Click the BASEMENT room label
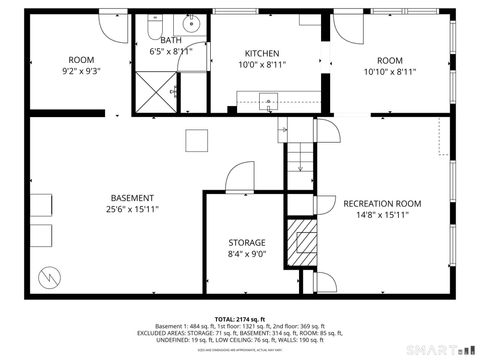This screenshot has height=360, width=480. pos(133,197)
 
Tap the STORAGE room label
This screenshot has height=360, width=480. pos(246,243)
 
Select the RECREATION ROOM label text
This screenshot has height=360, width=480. pos(382,204)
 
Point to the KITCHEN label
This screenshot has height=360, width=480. pos(262,53)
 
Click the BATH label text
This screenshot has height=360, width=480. pos(171,40)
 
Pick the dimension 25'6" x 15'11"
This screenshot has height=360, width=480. pos(133,210)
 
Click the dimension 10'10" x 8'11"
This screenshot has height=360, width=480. pos(389,72)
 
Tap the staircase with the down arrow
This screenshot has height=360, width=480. pos(298,155)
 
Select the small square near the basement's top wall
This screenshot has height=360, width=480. pos(197,139)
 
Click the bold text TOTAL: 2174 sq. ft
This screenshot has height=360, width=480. pos(239,319)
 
